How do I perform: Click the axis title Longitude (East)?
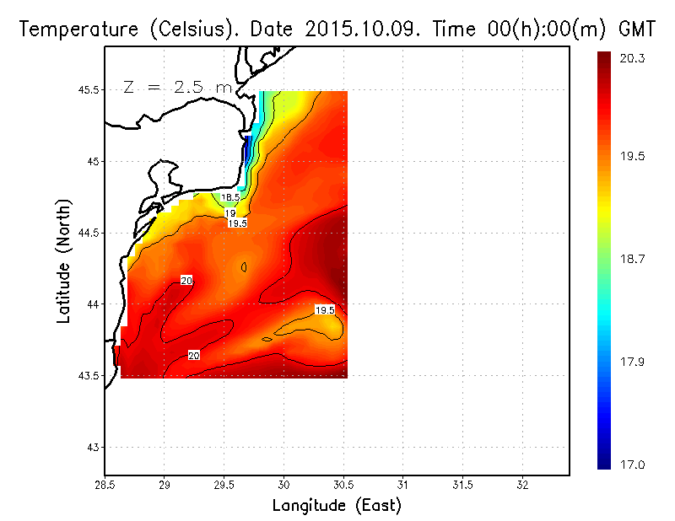(337, 506)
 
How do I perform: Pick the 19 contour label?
(230, 214)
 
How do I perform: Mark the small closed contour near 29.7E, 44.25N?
(244, 267)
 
